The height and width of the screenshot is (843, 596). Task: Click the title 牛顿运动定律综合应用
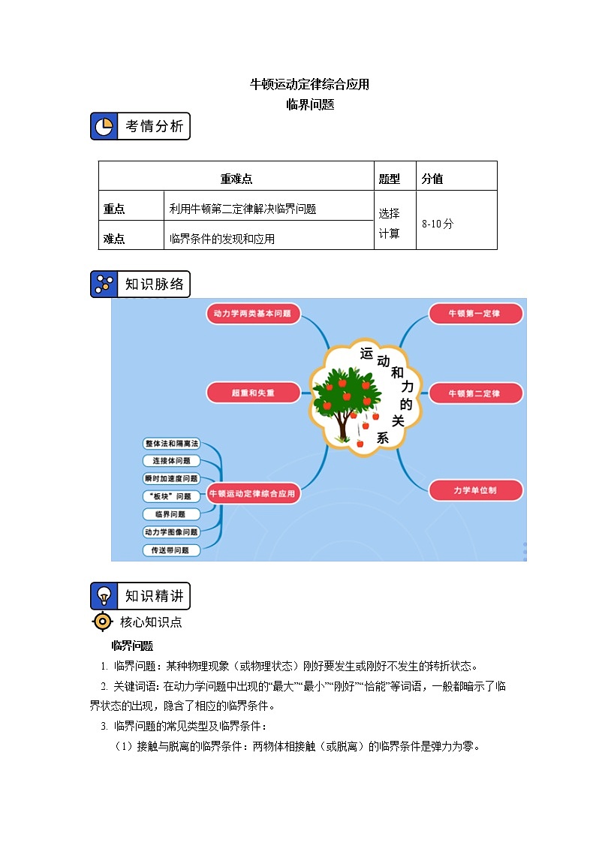[x=309, y=84]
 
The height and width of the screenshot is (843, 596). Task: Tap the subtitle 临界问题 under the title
[x=309, y=104]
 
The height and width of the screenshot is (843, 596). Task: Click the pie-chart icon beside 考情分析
[x=104, y=126]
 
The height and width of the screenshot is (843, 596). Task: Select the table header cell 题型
[x=390, y=179]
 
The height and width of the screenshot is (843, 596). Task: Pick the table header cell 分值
[x=432, y=179]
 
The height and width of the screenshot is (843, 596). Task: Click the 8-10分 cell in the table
[x=438, y=224]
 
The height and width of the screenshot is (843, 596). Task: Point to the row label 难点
[x=114, y=239]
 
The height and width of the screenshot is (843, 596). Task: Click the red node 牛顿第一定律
[x=474, y=313]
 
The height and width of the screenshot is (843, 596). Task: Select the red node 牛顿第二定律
[x=474, y=393]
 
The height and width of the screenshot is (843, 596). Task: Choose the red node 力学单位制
[x=474, y=490]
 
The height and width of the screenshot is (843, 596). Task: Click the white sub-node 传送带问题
[x=172, y=550]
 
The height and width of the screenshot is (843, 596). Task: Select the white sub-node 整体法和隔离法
[x=172, y=443]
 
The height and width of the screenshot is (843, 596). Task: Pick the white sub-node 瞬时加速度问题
[x=172, y=478]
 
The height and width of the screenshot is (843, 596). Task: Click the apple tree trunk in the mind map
[x=342, y=426]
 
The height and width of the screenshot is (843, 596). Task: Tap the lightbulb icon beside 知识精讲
[x=104, y=596]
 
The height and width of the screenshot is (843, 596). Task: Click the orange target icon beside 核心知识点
[x=103, y=622]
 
